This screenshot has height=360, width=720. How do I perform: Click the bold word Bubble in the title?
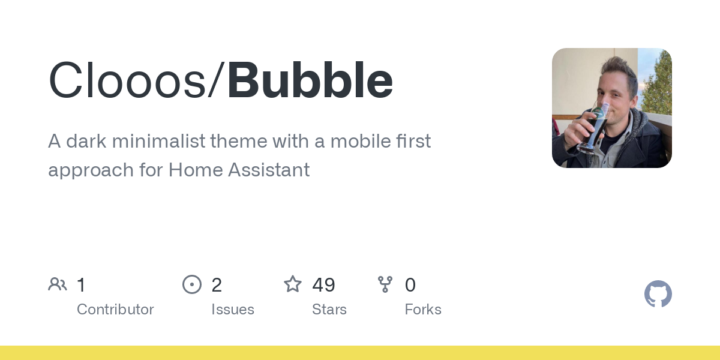pos(310,80)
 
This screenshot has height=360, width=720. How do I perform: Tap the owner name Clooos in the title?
pos(127,80)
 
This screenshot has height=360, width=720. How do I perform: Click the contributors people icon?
pos(58,284)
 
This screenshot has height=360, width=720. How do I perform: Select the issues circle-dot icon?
pos(192,284)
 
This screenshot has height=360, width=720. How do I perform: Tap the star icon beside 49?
pos(293,284)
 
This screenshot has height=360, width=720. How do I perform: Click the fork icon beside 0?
pos(385,284)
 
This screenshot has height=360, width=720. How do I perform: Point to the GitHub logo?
pos(658,294)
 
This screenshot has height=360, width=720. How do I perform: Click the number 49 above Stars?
pos(323,285)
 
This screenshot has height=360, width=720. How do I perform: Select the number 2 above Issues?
pos(217,285)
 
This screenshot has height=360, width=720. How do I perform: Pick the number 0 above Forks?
pos(410,285)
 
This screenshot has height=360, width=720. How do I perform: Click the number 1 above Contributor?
pos(82,285)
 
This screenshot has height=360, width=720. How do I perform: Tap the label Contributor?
pos(115,310)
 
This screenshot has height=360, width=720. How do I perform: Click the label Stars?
pos(329,310)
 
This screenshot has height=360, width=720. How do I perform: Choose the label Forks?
pos(423,310)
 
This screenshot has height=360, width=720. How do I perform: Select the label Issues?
pos(233,310)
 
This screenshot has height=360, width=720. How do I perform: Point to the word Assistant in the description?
pos(269,170)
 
